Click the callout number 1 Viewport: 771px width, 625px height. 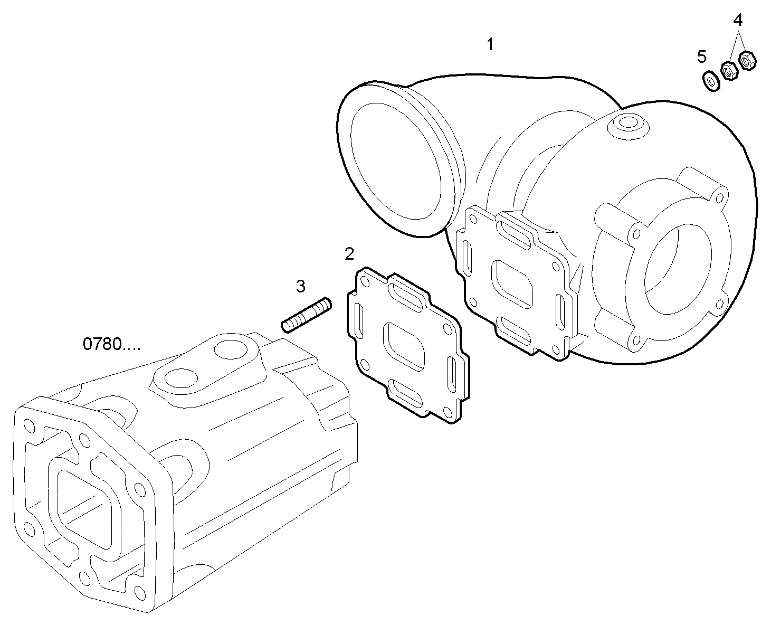[x=490, y=45]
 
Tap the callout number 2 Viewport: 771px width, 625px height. [x=349, y=253]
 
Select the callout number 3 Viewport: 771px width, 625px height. [x=300, y=287]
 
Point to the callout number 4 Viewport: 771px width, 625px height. [x=738, y=20]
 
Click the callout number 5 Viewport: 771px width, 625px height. [x=701, y=55]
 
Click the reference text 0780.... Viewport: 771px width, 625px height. [x=111, y=344]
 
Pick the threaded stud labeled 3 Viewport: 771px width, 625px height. [x=306, y=316]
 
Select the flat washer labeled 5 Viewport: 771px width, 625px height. [x=711, y=81]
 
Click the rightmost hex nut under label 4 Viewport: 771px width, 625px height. [x=747, y=60]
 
